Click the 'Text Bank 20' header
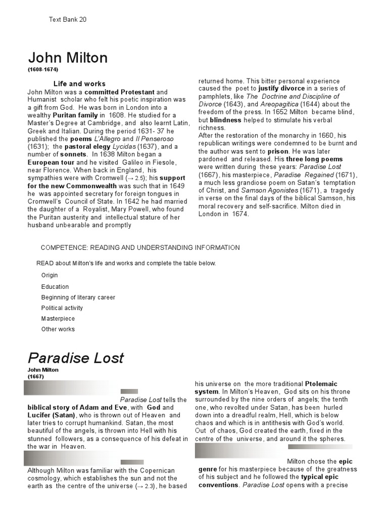[68, 19]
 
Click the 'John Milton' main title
[68, 58]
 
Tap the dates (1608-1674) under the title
[43, 69]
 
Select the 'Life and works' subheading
[79, 84]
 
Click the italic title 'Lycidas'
[123, 146]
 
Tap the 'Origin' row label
[50, 276]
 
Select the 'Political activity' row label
[62, 308]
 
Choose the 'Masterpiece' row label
[58, 319]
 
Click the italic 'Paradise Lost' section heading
[76, 358]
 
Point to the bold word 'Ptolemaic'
[328, 384]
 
